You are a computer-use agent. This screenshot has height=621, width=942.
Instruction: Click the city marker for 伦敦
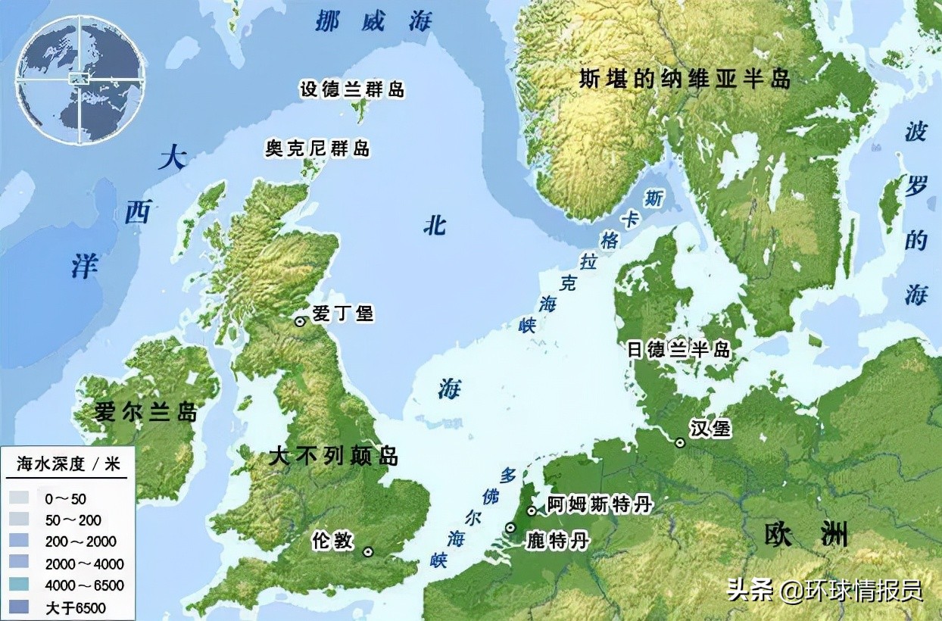pos(368,552)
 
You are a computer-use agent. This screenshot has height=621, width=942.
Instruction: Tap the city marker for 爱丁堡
pos(301,321)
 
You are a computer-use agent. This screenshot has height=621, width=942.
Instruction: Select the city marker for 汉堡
pos(680,442)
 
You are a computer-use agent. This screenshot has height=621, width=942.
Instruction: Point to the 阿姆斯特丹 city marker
pos(532,510)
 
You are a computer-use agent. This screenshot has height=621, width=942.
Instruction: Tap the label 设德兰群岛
pos(352,89)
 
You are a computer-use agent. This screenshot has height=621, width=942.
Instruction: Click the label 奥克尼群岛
pos(317,148)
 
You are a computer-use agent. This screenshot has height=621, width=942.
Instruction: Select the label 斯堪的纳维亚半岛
pos(685,79)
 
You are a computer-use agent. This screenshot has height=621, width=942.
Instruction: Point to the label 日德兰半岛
pos(679,349)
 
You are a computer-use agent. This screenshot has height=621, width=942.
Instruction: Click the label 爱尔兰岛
pos(145,413)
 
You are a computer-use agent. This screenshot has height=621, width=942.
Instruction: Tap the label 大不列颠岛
pos(333,457)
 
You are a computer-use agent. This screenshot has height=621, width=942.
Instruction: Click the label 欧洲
pos(806,535)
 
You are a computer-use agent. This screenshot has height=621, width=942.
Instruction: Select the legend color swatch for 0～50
pos(20,498)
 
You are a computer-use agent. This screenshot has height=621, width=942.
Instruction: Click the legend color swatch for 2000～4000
pos(20,563)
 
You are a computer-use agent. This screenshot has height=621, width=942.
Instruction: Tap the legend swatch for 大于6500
pos(20,607)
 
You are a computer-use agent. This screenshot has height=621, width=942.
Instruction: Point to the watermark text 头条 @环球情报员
pos(824,590)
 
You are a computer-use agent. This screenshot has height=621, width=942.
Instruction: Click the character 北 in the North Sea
pos(435,225)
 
